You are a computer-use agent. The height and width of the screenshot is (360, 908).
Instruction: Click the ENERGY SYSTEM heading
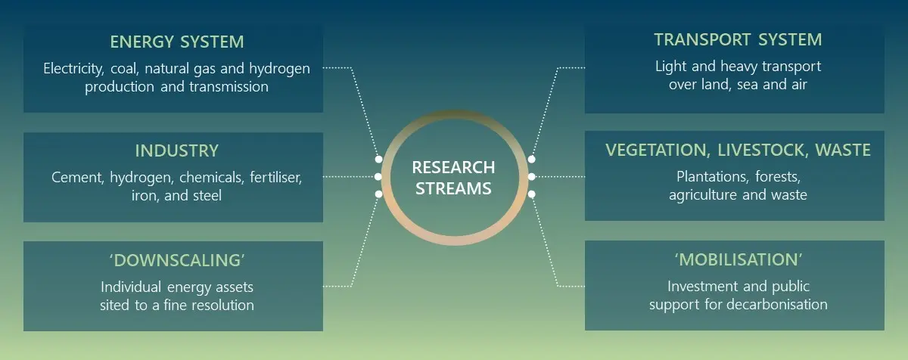[x=177, y=42]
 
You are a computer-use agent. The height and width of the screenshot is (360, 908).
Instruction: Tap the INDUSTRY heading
[x=177, y=151]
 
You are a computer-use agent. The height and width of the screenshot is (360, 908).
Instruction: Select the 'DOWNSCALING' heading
[x=177, y=260]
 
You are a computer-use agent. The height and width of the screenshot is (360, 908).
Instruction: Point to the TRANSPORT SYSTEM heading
[x=738, y=39]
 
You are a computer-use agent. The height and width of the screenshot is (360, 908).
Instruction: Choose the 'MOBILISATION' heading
[x=739, y=259]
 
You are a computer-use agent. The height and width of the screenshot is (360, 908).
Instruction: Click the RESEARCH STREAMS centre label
[x=453, y=178]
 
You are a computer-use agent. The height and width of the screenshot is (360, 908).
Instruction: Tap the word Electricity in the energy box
[x=73, y=68]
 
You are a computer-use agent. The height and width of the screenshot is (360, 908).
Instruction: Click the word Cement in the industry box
[x=77, y=178]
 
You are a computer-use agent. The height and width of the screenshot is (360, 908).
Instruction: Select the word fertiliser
[x=275, y=178]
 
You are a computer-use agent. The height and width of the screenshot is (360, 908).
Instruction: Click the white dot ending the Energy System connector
[x=378, y=159]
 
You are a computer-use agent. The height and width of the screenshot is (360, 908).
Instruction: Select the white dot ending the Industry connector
[x=378, y=176]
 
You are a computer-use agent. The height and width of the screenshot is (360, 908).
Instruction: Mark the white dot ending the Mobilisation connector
[x=531, y=194]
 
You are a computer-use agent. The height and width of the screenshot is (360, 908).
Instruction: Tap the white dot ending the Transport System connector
[x=531, y=159]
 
